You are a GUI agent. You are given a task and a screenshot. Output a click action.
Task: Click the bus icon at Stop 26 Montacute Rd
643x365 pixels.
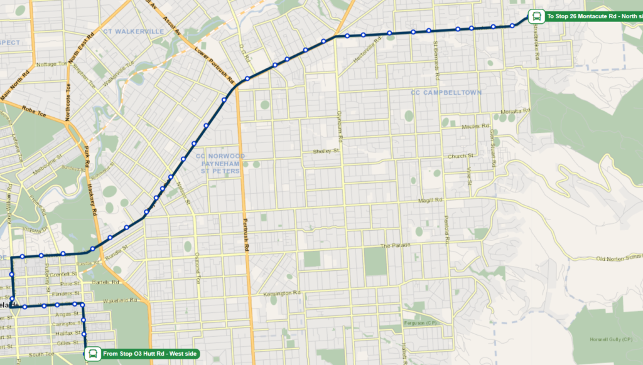pos(536,16)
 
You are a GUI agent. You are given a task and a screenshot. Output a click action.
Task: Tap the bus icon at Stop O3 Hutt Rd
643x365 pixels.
pos(92,354)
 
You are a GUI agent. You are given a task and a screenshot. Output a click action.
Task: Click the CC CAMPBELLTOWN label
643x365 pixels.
pos(446,92)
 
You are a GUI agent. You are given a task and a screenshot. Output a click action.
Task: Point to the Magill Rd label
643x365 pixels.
pos(431,201)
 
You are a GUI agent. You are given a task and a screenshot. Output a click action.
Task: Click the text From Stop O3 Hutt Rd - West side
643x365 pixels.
pos(149,354)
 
